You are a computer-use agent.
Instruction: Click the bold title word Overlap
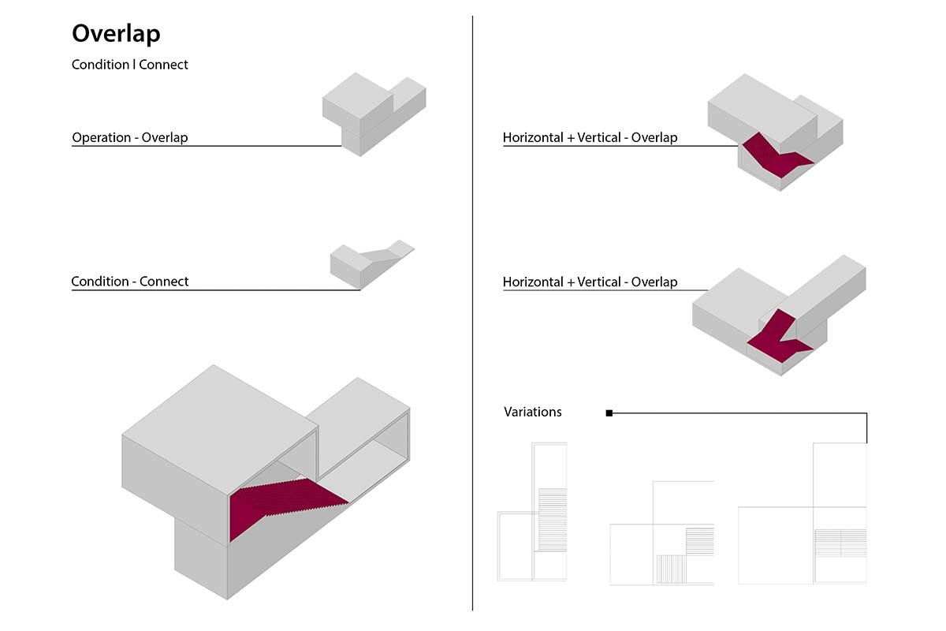[x=116, y=34]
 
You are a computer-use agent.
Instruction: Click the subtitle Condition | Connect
[x=130, y=65]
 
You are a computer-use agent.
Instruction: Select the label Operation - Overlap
[x=130, y=137]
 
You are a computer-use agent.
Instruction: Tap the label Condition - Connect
[x=130, y=281]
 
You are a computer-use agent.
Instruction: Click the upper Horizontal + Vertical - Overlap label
[x=590, y=137]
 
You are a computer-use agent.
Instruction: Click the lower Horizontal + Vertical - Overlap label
[x=590, y=282]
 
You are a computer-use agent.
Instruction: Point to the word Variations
[x=533, y=412]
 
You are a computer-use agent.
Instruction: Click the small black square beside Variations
[x=609, y=413]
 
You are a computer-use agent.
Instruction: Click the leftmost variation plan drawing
[x=533, y=513]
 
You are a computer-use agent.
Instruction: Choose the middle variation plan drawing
[x=662, y=533]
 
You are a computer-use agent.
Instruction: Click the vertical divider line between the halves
[x=472, y=315]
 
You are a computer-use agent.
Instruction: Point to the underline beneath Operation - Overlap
[x=205, y=146]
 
